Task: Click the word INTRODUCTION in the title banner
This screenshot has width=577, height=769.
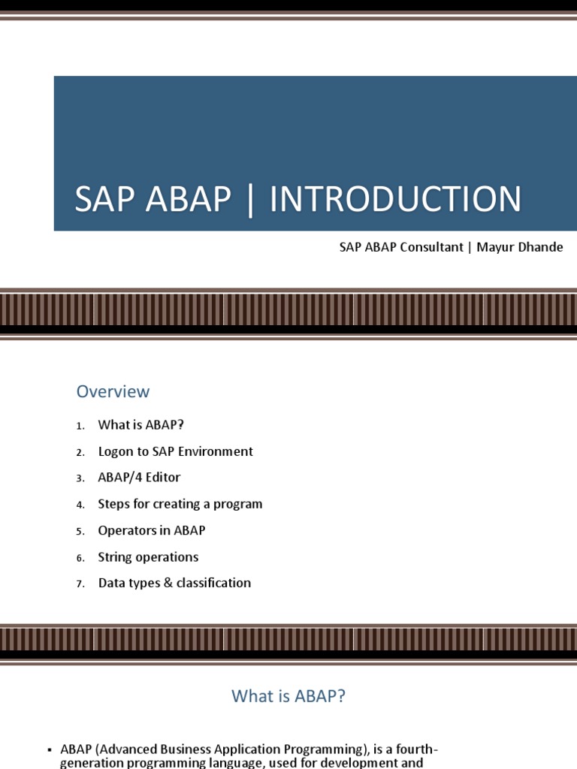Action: point(395,200)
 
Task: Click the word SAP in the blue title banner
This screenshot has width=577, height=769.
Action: point(105,200)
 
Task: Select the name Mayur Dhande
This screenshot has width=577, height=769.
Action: point(519,247)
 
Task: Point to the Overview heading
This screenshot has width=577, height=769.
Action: point(113,391)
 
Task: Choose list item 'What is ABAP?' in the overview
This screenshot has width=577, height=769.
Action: point(140,425)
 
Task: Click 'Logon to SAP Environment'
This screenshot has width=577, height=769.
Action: point(175,451)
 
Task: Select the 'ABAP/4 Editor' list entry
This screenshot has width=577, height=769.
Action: point(139,478)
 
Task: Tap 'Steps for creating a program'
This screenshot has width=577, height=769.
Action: point(180,504)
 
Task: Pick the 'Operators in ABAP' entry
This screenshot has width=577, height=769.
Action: point(151,530)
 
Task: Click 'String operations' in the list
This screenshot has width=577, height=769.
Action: point(148,557)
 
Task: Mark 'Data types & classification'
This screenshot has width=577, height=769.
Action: point(174,583)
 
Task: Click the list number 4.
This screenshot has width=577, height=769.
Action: point(79,505)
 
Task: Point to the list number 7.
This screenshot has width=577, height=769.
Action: point(79,584)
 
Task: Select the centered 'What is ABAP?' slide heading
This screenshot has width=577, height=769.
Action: point(288,696)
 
